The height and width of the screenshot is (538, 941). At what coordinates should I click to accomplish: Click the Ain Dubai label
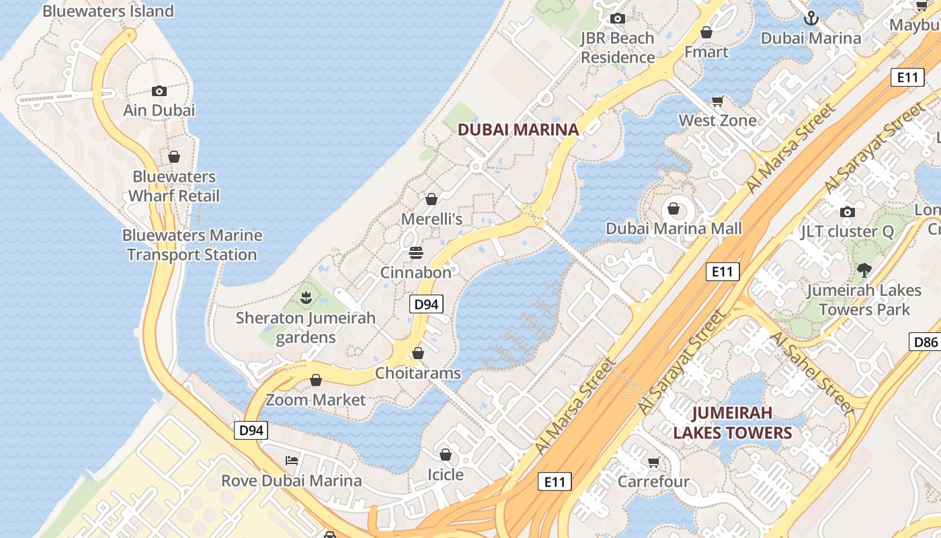pyautogui.click(x=159, y=110)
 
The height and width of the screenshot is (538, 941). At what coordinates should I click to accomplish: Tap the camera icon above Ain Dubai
pyautogui.click(x=159, y=91)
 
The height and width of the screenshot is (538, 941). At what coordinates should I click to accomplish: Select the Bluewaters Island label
pyautogui.click(x=108, y=11)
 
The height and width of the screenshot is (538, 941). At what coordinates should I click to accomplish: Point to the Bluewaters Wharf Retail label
pyautogui.click(x=174, y=186)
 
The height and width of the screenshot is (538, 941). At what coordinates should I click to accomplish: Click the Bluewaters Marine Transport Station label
pyautogui.click(x=192, y=245)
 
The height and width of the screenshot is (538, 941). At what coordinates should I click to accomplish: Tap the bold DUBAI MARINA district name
pyautogui.click(x=518, y=130)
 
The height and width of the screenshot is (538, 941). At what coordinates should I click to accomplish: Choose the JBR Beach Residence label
pyautogui.click(x=617, y=48)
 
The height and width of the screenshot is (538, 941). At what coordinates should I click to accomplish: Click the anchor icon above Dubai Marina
pyautogui.click(x=811, y=18)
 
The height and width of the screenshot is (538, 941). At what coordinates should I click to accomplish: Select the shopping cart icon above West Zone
pyautogui.click(x=718, y=102)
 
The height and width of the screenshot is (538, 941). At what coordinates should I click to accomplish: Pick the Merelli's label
pyautogui.click(x=432, y=219)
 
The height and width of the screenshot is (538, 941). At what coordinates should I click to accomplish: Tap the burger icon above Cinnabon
pyautogui.click(x=416, y=253)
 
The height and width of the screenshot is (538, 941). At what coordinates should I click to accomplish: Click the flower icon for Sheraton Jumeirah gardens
pyautogui.click(x=306, y=297)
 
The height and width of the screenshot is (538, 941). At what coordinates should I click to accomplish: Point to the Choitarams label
pyautogui.click(x=418, y=373)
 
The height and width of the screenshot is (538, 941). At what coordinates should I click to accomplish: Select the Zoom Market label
pyautogui.click(x=316, y=399)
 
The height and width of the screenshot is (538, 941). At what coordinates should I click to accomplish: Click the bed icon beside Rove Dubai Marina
pyautogui.click(x=292, y=461)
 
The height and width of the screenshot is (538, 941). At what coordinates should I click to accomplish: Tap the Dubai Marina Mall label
pyautogui.click(x=673, y=229)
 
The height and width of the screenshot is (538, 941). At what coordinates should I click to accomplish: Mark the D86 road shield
pyautogui.click(x=925, y=342)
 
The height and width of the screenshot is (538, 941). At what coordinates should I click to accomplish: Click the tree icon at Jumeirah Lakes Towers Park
pyautogui.click(x=864, y=270)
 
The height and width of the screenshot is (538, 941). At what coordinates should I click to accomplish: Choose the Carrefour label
pyautogui.click(x=653, y=482)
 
